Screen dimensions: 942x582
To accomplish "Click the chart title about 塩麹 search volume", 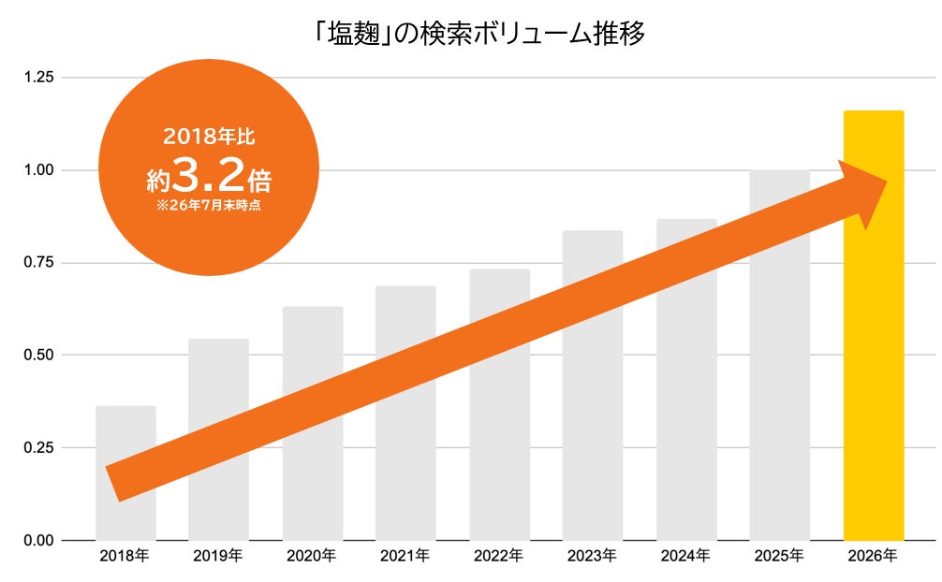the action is (x=479, y=34).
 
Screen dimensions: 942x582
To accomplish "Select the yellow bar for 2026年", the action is (x=874, y=326).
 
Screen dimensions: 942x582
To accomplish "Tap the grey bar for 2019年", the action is (x=219, y=440).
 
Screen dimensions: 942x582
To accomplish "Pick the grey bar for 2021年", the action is (x=405, y=414).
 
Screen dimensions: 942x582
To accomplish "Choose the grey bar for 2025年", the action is (x=780, y=355).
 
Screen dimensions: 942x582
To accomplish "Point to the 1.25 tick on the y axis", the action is (x=38, y=78).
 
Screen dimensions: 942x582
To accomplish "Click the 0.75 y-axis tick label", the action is (x=38, y=263).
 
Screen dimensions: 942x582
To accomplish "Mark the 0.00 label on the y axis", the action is (x=38, y=541).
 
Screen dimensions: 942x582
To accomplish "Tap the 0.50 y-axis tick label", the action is (x=38, y=355).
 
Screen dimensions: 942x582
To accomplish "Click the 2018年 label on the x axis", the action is (x=125, y=556).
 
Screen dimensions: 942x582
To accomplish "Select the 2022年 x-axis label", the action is (x=499, y=556).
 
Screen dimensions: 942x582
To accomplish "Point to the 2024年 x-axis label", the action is (x=685, y=556).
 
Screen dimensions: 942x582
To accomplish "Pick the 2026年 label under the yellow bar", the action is (x=873, y=556).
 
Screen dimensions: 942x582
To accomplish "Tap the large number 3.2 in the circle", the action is (x=209, y=175).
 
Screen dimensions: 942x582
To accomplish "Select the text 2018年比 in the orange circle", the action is (x=209, y=137).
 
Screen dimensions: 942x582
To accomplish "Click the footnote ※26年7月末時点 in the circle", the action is (x=209, y=206).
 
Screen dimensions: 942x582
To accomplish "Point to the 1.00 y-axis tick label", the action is (x=38, y=170).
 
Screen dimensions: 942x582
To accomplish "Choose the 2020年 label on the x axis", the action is (x=311, y=556).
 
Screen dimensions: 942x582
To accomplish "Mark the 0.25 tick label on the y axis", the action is (x=38, y=447).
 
